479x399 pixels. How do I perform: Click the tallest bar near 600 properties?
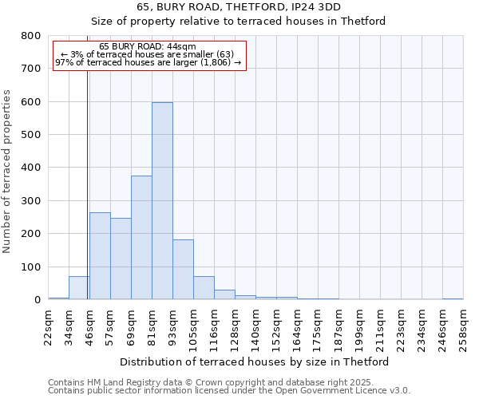[x=162, y=201]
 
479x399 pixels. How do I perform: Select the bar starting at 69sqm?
[x=141, y=238]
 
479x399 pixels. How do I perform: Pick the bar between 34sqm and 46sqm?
[x=79, y=288]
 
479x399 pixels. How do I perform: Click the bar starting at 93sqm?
[x=183, y=270]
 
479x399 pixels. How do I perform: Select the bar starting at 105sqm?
[x=204, y=288]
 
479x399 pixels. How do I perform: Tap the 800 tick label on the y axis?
[x=31, y=36]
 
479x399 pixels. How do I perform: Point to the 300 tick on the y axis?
[x=31, y=201]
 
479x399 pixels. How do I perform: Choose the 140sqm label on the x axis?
[x=255, y=327]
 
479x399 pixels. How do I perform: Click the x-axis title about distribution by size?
[x=254, y=361]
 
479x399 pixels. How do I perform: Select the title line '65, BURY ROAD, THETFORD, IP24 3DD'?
[x=239, y=7]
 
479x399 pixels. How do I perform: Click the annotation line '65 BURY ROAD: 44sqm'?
[x=148, y=47]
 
